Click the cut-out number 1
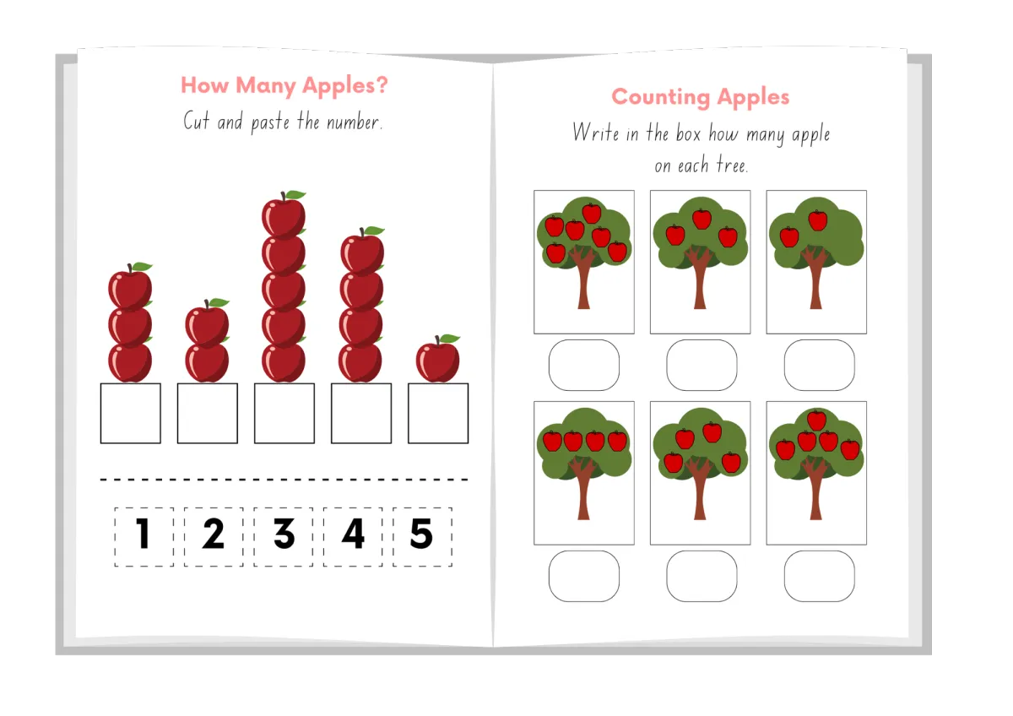tap(144, 534)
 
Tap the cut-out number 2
tap(214, 534)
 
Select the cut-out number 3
tap(284, 534)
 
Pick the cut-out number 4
tap(353, 534)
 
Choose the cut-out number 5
tap(421, 534)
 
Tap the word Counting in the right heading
tap(660, 98)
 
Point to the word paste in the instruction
tap(270, 123)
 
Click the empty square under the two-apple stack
tap(208, 414)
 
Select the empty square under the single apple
tap(438, 414)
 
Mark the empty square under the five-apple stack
tap(284, 414)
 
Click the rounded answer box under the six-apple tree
tap(584, 365)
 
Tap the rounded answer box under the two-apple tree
tap(820, 365)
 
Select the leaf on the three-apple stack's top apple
tap(142, 267)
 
